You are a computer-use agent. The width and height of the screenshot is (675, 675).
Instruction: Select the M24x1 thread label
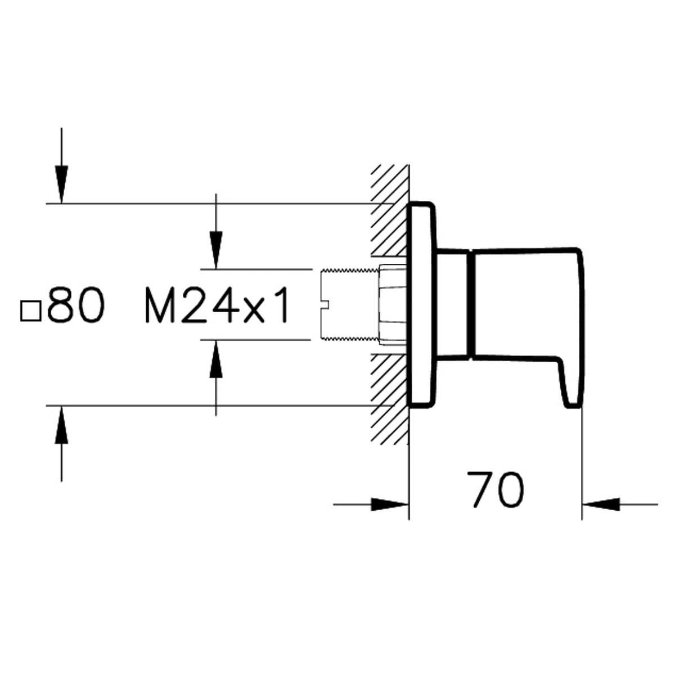coord(217,305)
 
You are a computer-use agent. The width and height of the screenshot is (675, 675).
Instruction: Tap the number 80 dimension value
coord(76,305)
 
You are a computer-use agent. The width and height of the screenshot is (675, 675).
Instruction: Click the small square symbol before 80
coord(31,311)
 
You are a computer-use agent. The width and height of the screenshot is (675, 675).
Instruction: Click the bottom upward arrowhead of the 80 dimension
coord(61,425)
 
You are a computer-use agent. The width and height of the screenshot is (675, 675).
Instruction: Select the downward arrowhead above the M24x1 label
coord(216,250)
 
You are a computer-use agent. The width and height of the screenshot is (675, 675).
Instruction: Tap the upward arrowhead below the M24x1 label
coord(216,359)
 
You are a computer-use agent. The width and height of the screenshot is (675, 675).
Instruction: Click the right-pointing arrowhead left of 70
coord(389,505)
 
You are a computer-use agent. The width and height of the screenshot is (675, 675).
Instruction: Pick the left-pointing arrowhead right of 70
coord(601,505)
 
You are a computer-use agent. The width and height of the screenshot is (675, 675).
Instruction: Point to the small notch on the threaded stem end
coord(325,305)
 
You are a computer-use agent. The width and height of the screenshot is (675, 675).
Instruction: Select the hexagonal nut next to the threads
coord(393,304)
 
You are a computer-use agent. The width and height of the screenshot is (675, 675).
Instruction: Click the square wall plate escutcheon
coord(422,305)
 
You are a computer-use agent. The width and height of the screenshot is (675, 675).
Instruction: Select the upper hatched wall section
coord(390,210)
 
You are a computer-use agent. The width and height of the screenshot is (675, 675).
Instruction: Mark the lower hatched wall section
coord(390,399)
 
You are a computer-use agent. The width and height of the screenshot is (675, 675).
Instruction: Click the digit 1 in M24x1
coord(282,305)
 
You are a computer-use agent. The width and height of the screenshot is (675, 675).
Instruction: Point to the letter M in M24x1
coord(160,305)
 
